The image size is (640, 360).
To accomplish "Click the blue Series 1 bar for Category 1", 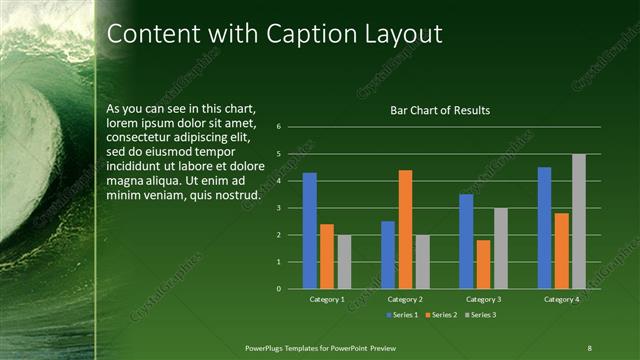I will (x=310, y=231).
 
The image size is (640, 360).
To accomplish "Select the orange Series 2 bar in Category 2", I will (x=405, y=229).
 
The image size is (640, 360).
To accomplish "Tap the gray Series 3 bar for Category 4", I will (x=579, y=221).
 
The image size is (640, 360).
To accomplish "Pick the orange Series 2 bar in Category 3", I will (x=484, y=264).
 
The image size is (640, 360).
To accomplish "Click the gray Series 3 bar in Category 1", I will (x=344, y=262).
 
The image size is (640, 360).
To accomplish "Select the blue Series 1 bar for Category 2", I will (x=388, y=255).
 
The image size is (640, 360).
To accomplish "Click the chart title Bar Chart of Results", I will (x=440, y=110).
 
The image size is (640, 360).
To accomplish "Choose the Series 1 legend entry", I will (x=402, y=315).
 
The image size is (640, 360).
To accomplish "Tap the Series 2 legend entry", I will (x=441, y=315).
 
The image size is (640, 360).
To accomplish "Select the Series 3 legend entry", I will (x=480, y=315).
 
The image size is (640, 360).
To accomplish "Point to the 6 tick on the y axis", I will (x=279, y=127).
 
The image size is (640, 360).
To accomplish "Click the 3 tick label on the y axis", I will (x=279, y=208).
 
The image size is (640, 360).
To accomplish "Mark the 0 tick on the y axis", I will (x=279, y=289).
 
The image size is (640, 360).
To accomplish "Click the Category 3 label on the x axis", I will (x=484, y=299).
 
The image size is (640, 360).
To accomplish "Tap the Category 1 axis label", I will (x=327, y=299).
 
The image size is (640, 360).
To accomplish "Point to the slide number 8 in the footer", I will (x=589, y=347).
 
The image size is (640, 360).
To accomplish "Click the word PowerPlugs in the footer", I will (x=267, y=347).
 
